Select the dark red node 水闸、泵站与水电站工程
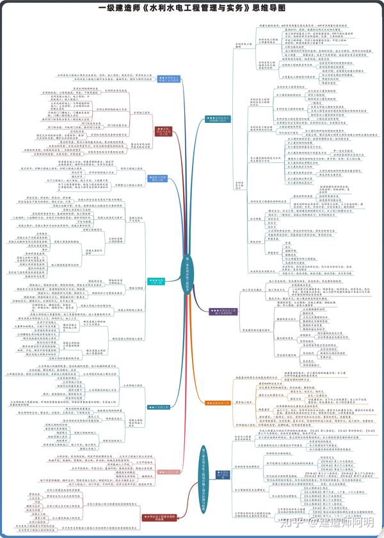[x=163, y=131]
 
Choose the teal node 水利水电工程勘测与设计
[x=218, y=119]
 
